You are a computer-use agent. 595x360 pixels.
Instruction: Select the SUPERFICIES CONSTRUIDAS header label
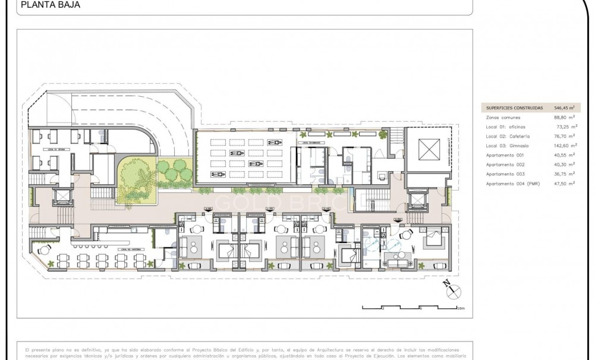[x=514, y=108]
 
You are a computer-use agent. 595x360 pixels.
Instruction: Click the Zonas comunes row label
[x=503, y=118]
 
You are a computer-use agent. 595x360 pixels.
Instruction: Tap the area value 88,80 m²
[x=563, y=118]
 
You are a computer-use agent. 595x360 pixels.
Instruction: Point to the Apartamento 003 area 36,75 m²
[x=563, y=174]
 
